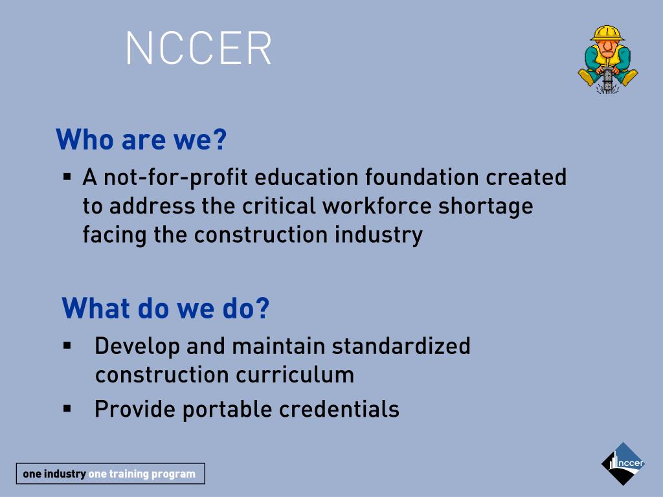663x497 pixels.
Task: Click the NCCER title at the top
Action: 199,47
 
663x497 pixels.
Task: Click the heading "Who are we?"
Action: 142,140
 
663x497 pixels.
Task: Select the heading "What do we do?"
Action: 165,308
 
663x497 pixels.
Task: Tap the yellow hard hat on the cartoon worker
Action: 607,33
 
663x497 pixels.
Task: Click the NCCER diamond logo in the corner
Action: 623,463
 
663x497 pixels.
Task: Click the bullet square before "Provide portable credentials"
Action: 67,408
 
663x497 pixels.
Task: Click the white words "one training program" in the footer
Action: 142,474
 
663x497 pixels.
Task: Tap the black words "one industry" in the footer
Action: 54,474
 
